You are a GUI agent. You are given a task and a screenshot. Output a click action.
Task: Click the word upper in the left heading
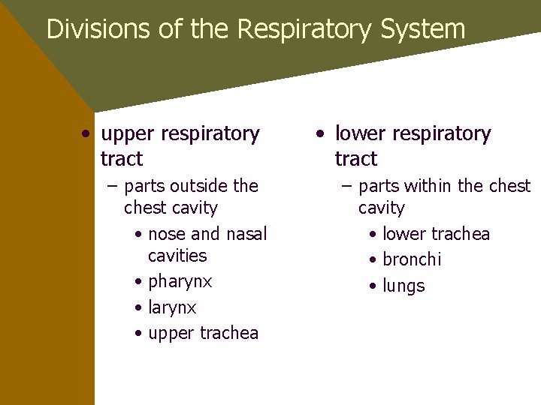point(128,134)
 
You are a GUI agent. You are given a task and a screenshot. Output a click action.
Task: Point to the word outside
point(201,186)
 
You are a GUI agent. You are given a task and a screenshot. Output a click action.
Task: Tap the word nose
point(168,235)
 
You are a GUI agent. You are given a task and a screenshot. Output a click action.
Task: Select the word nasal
point(246,235)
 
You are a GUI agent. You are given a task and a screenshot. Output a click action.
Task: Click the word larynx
point(172,308)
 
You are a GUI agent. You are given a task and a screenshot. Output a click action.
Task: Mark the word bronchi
point(412,260)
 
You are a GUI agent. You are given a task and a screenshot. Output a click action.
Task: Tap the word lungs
point(403,286)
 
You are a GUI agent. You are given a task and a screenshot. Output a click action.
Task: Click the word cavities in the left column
point(177,256)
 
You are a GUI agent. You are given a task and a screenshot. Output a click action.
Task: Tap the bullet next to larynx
point(139,308)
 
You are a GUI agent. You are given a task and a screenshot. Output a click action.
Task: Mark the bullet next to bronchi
point(373,260)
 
